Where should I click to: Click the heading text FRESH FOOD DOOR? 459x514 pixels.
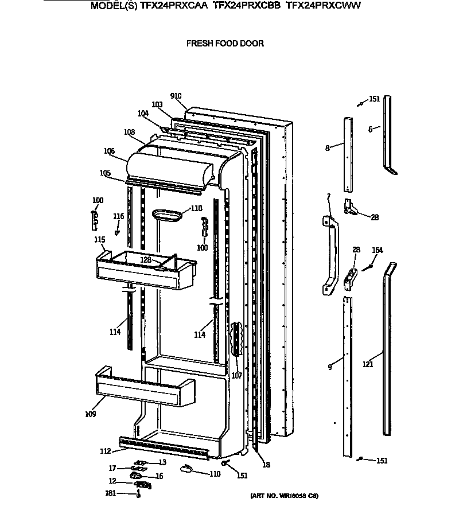click(x=224, y=44)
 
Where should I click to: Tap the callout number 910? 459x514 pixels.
click(x=176, y=96)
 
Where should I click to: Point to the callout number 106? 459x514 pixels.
click(x=109, y=151)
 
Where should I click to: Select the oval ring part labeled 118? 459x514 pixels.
click(x=167, y=215)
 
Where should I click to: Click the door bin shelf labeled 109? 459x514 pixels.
click(x=143, y=387)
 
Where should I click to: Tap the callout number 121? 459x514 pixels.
click(x=368, y=364)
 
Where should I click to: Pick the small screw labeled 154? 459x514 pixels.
click(x=369, y=265)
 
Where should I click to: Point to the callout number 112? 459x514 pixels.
click(x=105, y=451)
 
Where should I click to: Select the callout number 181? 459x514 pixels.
click(x=110, y=493)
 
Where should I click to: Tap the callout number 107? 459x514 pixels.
click(x=236, y=376)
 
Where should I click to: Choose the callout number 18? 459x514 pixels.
click(x=265, y=465)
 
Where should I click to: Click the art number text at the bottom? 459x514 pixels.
click(x=283, y=495)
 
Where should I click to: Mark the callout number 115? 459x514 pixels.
click(x=100, y=239)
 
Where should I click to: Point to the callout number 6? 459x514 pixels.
click(x=370, y=130)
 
